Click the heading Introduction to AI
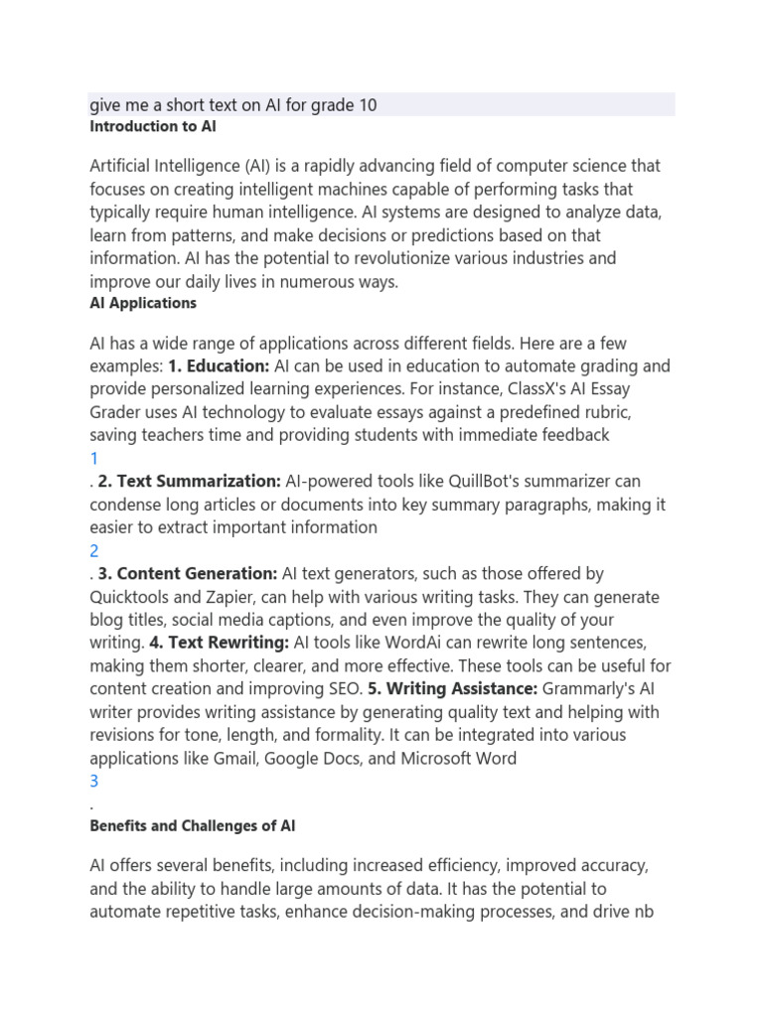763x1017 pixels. point(153,127)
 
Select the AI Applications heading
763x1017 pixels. point(143,303)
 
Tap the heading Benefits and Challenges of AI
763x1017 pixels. point(193,825)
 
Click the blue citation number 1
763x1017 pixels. point(94,459)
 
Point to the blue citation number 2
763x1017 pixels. point(94,551)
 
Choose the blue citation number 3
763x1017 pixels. point(94,782)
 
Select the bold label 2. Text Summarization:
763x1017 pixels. point(190,482)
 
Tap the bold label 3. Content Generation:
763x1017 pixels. point(188,574)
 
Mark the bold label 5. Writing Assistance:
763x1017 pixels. point(453,689)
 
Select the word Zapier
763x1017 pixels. point(259,597)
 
